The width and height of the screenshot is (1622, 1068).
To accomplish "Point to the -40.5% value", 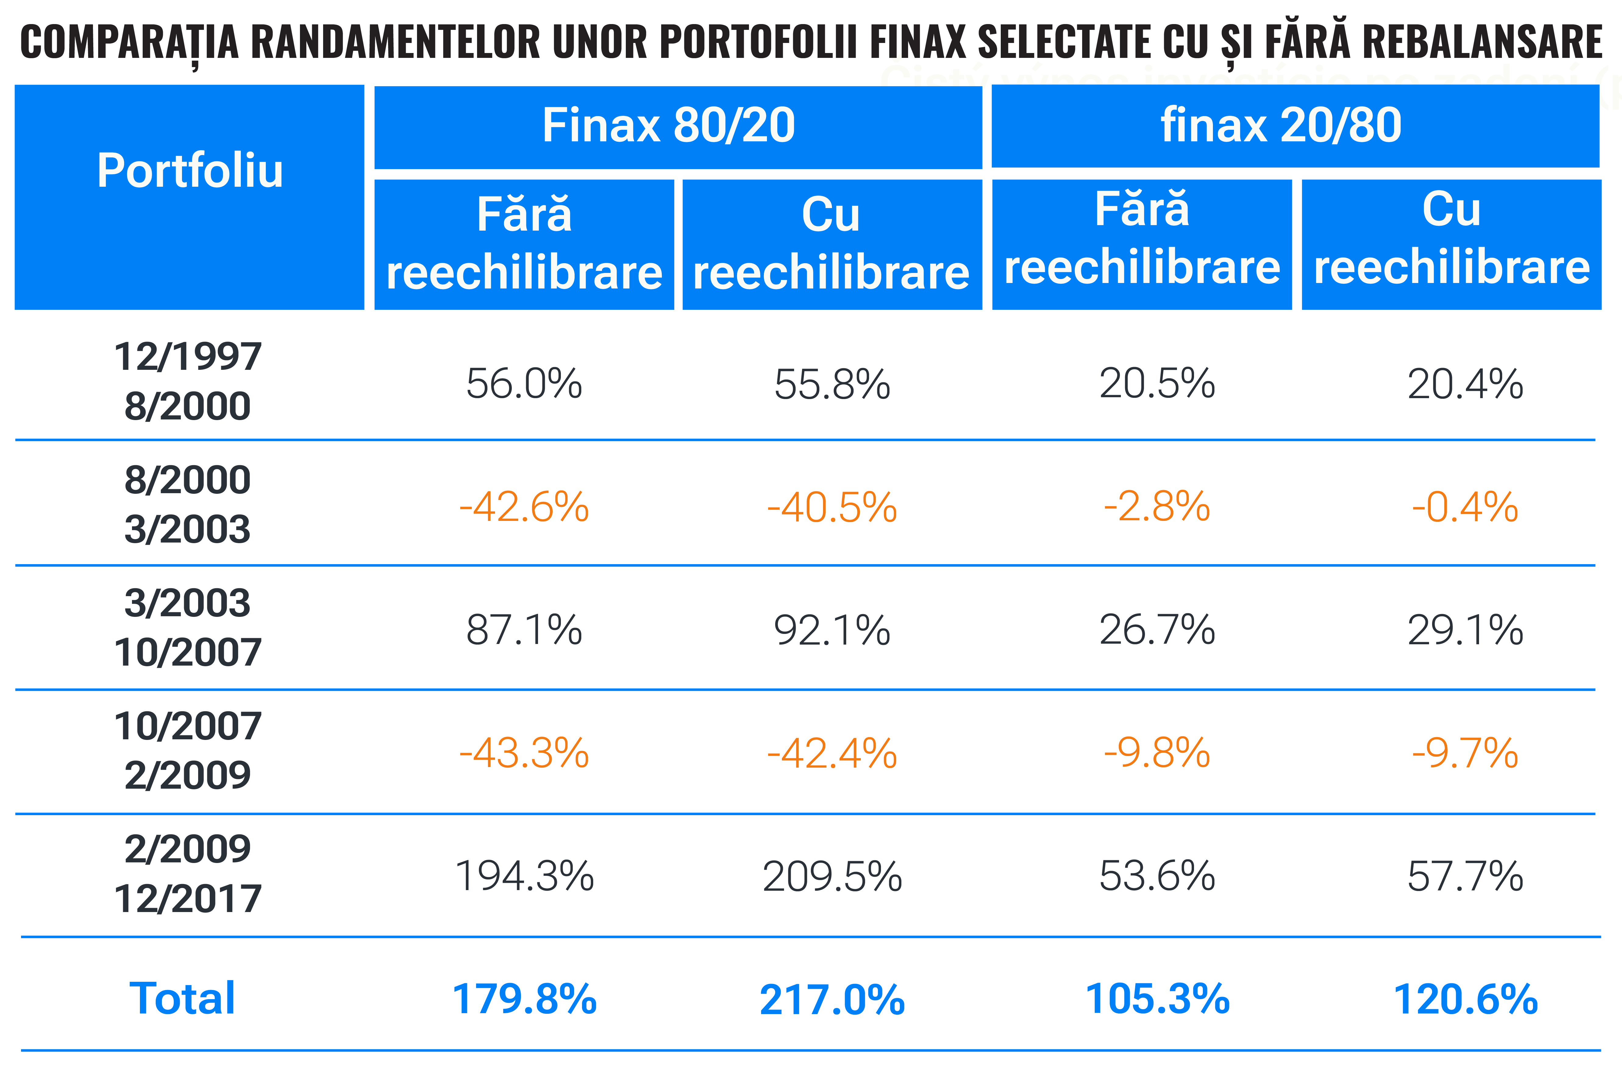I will [x=832, y=507].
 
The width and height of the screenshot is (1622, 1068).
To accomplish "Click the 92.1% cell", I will [x=832, y=630].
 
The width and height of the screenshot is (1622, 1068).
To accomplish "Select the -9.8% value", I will [x=1157, y=753].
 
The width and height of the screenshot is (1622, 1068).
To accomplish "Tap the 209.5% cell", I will [x=832, y=877].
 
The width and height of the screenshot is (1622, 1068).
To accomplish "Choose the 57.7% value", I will [x=1465, y=877].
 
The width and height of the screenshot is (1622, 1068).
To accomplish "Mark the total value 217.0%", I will [x=832, y=1000].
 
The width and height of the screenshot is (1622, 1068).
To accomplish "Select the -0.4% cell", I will [x=1465, y=507].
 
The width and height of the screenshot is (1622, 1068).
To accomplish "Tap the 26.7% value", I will [x=1157, y=630].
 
